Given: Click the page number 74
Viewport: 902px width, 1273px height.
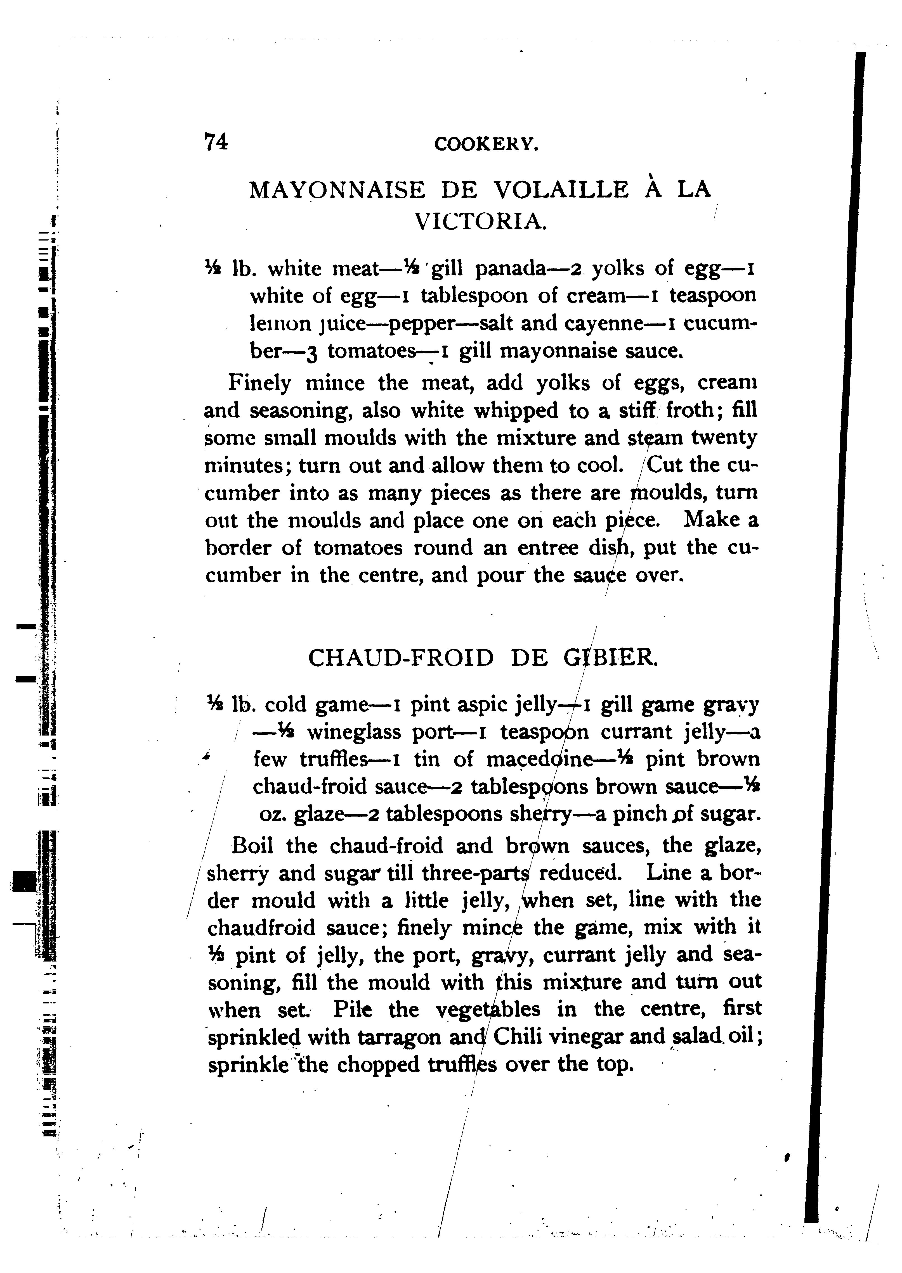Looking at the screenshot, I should tap(216, 142).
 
